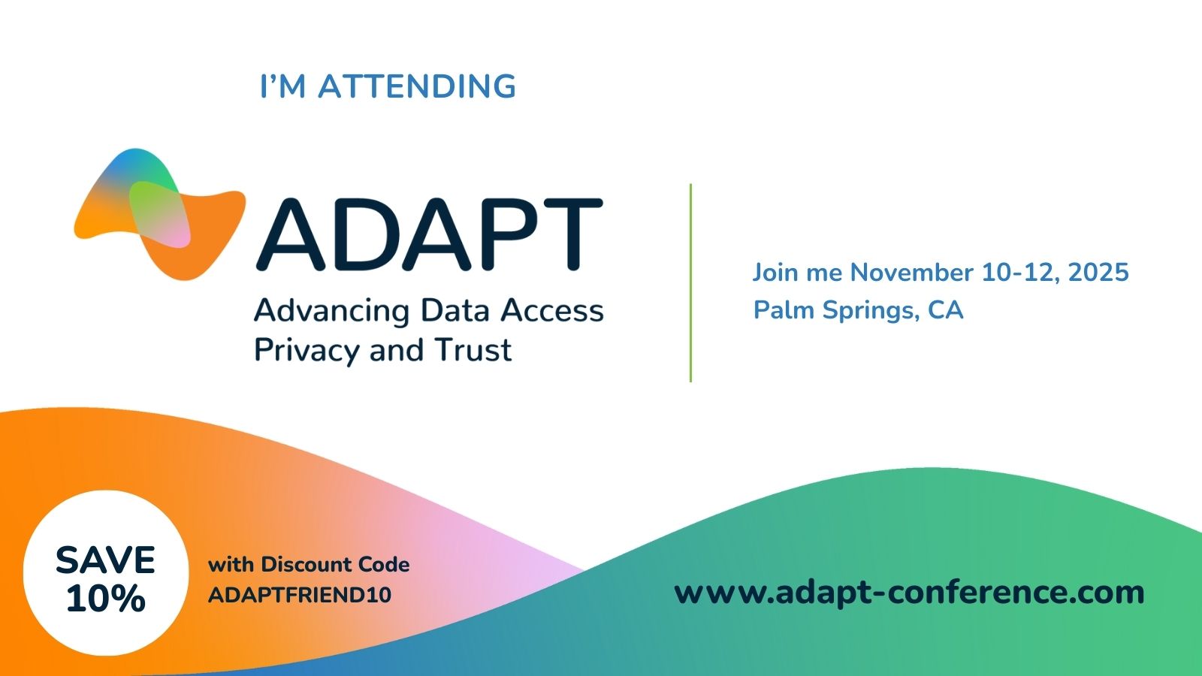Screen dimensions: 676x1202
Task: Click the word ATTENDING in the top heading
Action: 417,86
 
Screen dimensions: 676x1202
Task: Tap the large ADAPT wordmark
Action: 429,234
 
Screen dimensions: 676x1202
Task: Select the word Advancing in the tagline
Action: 331,311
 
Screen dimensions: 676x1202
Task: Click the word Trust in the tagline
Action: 473,350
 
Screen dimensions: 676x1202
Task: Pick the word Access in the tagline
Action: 552,310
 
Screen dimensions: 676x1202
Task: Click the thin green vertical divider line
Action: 690,282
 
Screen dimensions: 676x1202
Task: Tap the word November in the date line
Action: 911,272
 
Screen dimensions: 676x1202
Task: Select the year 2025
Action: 1098,272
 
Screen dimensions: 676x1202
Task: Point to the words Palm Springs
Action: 836,310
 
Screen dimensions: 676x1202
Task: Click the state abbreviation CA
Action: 945,309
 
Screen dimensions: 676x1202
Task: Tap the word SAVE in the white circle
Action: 105,560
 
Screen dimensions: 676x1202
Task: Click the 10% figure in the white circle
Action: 105,599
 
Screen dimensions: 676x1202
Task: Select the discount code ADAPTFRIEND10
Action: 300,595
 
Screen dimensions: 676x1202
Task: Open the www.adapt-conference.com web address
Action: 909,592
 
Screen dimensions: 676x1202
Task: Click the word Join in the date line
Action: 775,272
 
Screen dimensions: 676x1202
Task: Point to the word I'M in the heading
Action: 282,86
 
